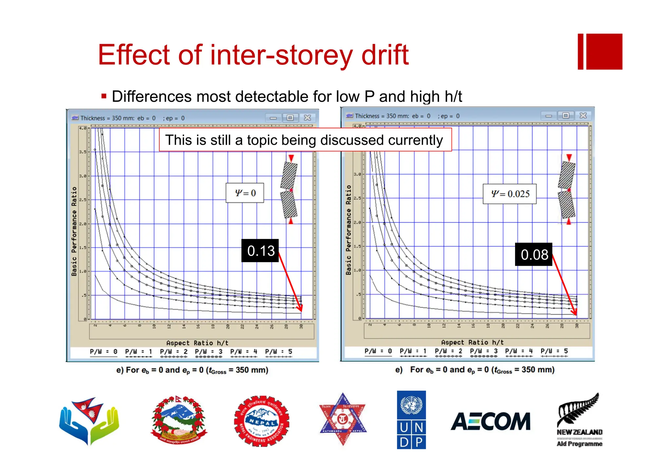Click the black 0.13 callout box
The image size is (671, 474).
[260, 250]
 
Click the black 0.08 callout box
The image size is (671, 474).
[534, 254]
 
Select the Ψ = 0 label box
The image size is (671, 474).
[245, 193]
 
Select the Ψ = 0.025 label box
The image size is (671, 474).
[509, 194]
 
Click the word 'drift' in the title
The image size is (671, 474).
[385, 55]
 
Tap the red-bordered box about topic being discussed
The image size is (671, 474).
[305, 140]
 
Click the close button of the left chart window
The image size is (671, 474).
[307, 118]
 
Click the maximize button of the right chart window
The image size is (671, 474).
[566, 116]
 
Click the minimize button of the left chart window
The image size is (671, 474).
[273, 118]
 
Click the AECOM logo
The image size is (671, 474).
[490, 421]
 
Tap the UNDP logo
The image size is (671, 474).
[411, 420]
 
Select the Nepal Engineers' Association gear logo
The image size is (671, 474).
[261, 421]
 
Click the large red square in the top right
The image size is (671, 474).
[604, 51]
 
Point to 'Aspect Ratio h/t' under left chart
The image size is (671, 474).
[197, 343]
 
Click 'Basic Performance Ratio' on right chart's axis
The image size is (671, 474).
[348, 230]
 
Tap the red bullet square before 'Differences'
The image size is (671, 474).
[104, 96]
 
